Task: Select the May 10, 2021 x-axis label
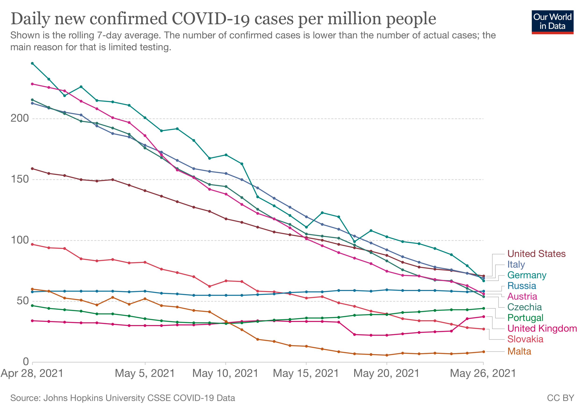(x=225, y=373)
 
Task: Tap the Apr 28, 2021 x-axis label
(x=32, y=373)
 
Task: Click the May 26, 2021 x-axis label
(x=483, y=373)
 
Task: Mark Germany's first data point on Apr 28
(x=32, y=63)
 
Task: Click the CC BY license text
(x=560, y=398)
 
